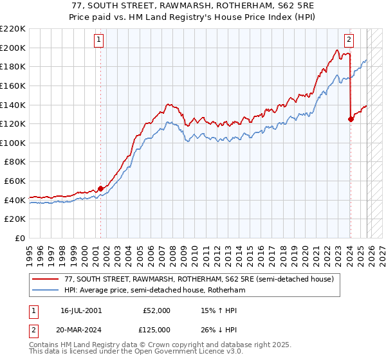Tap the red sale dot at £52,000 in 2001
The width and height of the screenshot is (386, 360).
point(100,188)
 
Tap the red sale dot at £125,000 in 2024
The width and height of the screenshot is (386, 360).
point(351,118)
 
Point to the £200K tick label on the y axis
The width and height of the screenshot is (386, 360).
point(13,48)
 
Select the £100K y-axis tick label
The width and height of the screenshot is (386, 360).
point(13,143)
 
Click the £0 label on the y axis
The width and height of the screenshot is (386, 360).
point(19,239)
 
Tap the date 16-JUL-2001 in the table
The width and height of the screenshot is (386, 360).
point(80,310)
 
